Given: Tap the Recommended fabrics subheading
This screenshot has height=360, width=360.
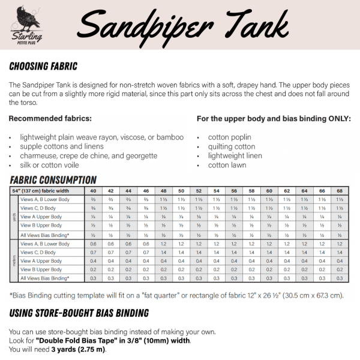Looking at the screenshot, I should point(50,119).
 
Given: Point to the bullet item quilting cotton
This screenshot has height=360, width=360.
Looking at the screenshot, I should point(231,146).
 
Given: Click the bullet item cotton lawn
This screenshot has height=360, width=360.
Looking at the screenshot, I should point(226,164).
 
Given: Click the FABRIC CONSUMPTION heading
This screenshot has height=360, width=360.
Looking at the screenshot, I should point(53,179).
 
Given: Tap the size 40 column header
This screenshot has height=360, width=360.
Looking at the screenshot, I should point(93,190).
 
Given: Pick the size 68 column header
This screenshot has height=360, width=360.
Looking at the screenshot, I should point(340,190).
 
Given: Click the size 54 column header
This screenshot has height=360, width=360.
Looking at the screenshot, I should point(216,190).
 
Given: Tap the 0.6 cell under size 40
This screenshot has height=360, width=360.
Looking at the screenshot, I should point(93,244).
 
